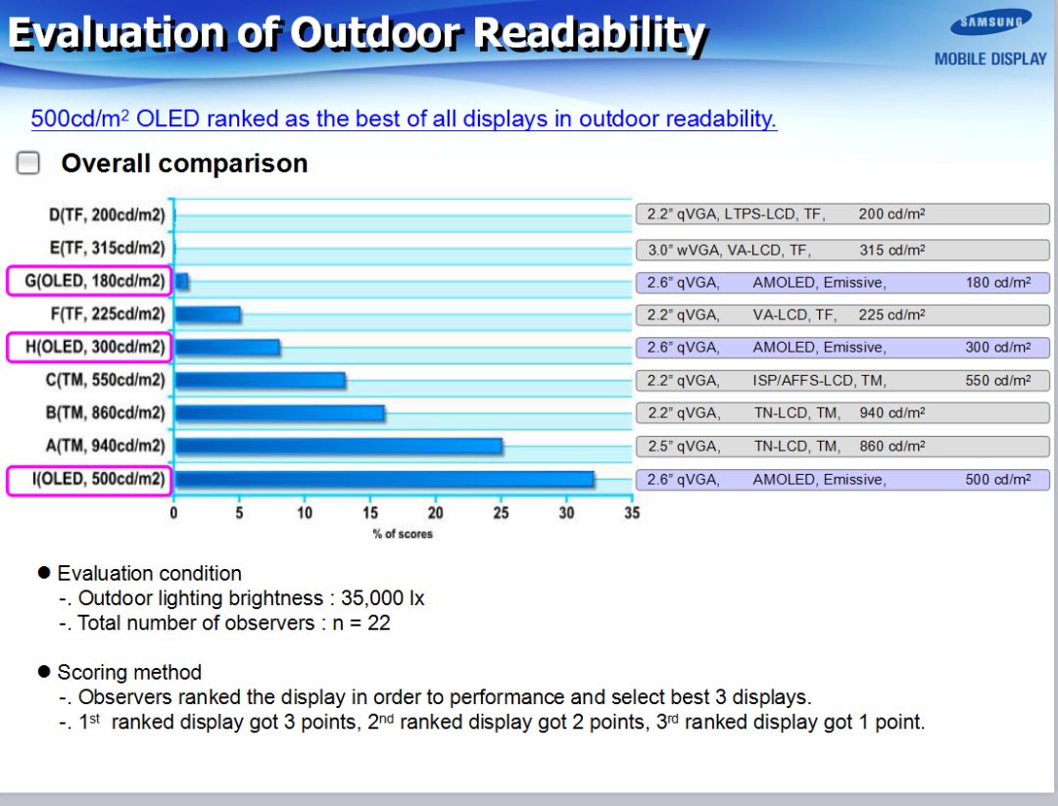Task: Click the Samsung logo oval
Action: click(990, 23)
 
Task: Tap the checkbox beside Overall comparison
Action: click(28, 164)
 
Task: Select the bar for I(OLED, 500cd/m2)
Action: click(384, 479)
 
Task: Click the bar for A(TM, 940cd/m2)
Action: click(338, 446)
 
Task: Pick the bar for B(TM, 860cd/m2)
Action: click(279, 413)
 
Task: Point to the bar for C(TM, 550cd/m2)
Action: click(260, 380)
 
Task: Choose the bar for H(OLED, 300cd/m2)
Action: click(227, 347)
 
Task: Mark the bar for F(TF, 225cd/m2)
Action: click(208, 314)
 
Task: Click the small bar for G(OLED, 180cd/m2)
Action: click(181, 282)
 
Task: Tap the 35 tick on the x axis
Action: click(632, 513)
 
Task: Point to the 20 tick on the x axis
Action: click(436, 513)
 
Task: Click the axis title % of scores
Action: click(403, 534)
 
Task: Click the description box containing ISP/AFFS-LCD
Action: click(842, 380)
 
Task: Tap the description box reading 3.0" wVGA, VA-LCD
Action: click(842, 250)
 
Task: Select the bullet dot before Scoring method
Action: click(43, 672)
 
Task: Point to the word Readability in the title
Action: click(589, 34)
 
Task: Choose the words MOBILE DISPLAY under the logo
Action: click(990, 59)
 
